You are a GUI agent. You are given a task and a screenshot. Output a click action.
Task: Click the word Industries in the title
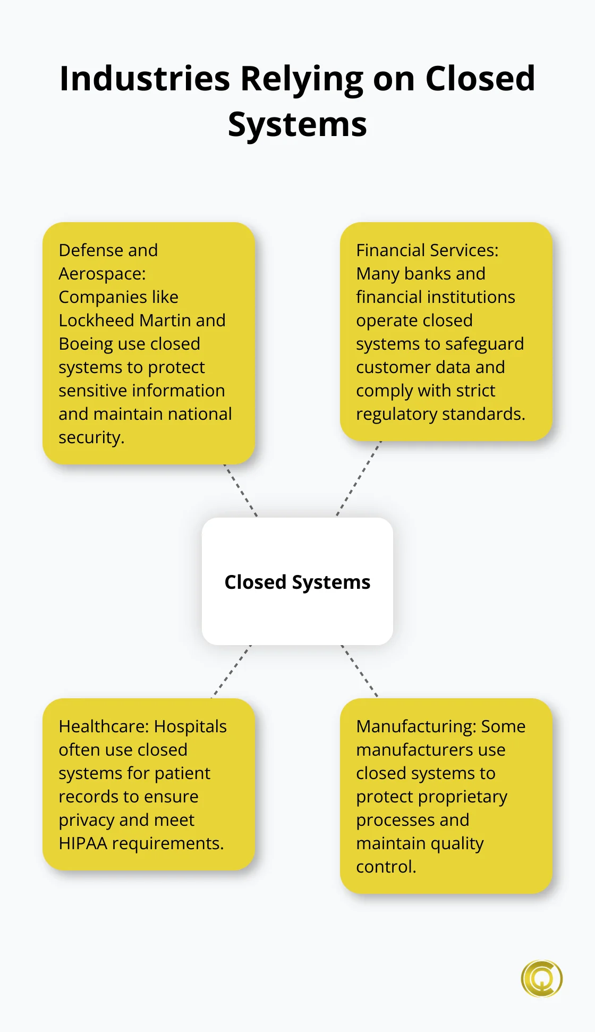[144, 79]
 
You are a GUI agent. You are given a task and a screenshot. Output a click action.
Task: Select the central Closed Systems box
[297, 581]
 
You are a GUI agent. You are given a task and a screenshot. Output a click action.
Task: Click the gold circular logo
[541, 978]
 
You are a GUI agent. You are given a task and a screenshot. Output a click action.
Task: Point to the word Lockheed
[96, 320]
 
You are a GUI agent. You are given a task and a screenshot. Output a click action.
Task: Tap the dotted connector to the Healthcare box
[232, 671]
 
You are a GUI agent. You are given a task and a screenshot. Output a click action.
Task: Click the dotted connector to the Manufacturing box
[360, 671]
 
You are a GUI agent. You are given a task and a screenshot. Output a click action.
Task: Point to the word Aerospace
[101, 274]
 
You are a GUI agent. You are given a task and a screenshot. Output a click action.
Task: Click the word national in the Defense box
[198, 414]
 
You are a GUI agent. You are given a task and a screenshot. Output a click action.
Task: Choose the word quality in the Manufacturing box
[457, 844]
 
